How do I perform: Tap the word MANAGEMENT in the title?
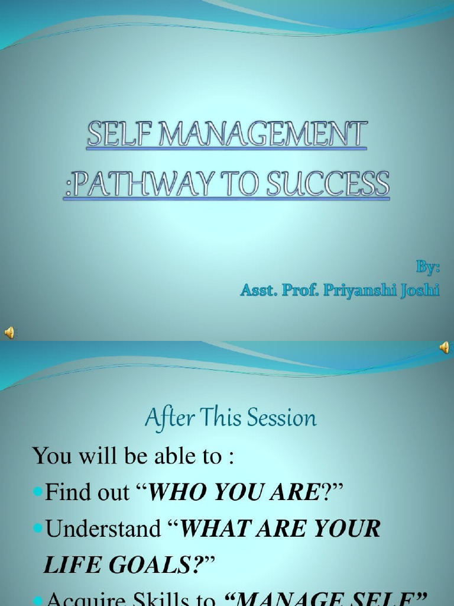[254, 135]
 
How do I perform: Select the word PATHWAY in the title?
[142, 184]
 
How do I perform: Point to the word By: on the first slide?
[428, 267]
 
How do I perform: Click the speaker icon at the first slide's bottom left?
[10, 332]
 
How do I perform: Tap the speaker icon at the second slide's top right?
[444, 348]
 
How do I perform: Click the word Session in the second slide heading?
[281, 419]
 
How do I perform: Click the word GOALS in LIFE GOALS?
[155, 565]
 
